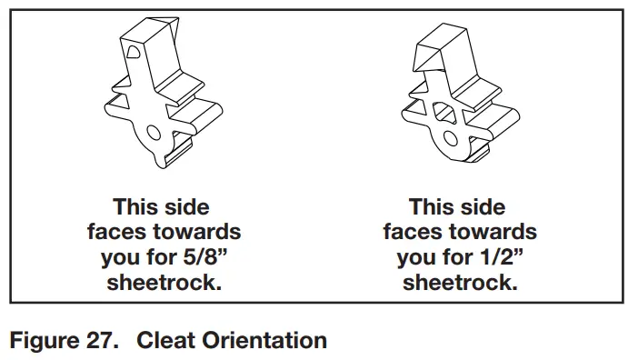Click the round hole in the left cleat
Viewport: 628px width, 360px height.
tap(155, 135)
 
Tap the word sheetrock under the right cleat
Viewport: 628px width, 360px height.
tap(460, 282)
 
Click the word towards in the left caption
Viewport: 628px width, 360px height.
tap(197, 231)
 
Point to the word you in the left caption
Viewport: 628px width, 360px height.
tap(122, 256)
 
